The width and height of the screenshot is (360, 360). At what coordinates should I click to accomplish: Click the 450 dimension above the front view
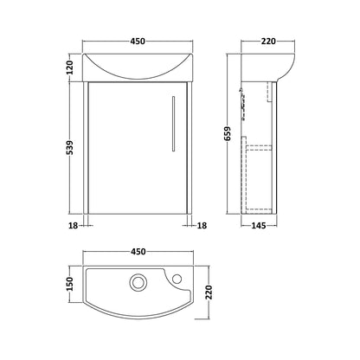(138, 42)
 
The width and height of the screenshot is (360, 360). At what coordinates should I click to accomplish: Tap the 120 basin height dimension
(70, 67)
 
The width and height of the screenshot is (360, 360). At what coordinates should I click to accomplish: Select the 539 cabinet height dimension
(70, 147)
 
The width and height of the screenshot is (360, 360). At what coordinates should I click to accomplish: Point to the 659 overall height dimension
(228, 133)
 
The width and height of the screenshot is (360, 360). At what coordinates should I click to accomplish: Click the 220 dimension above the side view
(268, 42)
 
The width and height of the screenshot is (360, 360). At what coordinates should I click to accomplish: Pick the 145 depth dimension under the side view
(259, 226)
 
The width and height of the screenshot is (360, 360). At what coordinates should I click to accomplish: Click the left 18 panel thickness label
(74, 226)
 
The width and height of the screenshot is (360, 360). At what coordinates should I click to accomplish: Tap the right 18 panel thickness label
(202, 226)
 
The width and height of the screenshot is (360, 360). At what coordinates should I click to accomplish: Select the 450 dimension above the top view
(138, 252)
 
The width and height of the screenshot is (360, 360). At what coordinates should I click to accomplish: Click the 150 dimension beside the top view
(70, 284)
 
